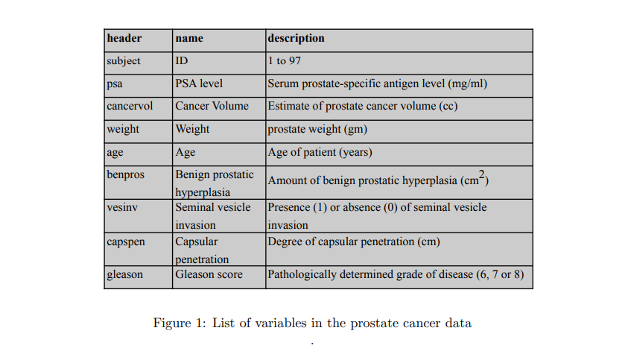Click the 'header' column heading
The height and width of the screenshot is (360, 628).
coord(124,38)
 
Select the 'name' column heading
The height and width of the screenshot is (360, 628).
coord(189,38)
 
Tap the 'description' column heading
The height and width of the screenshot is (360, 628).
coord(296,38)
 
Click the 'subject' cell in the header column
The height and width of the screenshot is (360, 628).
coord(124,61)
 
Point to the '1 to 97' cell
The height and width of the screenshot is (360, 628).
coord(285,61)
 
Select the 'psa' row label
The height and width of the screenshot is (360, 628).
coord(115,84)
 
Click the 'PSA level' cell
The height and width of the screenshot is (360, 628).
coord(199,84)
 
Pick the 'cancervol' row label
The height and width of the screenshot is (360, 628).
coord(130,107)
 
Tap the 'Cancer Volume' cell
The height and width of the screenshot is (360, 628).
coord(212,107)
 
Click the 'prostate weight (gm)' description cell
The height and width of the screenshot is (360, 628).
coord(317,130)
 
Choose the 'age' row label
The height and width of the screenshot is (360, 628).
coord(115,153)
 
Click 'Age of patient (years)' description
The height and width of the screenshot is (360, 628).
coord(320,153)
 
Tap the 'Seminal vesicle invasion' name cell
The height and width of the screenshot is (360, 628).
coord(213,215)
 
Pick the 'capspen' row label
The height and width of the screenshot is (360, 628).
coord(125,242)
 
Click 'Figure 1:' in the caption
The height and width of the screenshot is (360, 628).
coord(179,323)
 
